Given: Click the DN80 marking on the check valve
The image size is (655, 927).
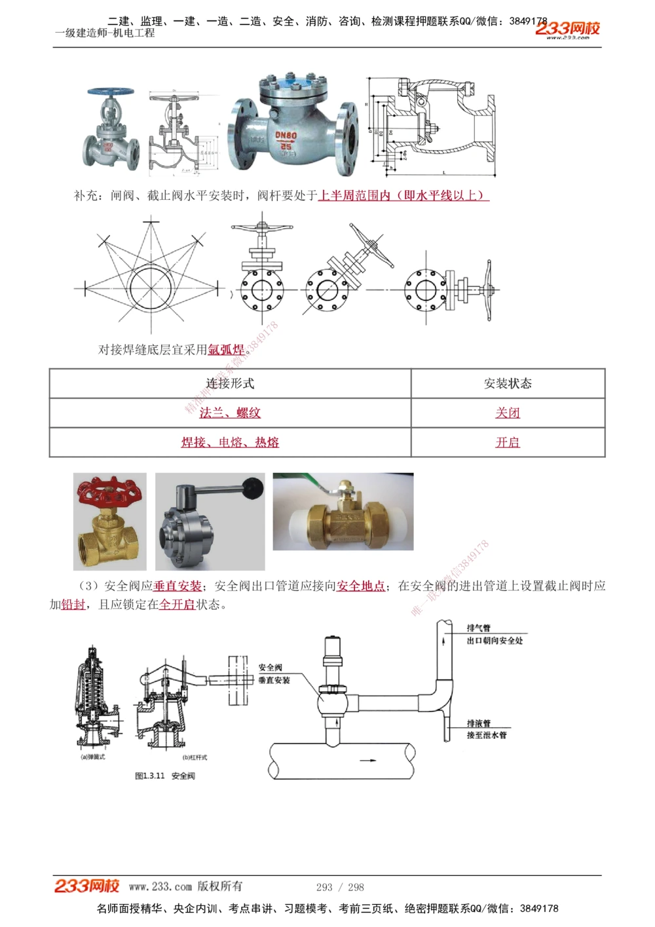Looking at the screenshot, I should point(285,135).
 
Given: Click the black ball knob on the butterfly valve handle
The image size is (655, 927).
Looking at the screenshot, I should point(253,485).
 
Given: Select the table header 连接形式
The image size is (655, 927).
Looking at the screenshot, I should point(230,383).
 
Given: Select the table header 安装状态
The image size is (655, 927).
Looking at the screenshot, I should point(508,383).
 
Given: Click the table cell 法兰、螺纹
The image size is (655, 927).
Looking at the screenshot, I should point(230,413).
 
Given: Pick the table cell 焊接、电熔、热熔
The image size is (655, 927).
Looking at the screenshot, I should point(230,442).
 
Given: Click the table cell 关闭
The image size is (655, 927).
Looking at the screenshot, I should point(508,413).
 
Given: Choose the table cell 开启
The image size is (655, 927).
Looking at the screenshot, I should point(508,442).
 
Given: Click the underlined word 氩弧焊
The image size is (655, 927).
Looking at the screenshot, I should point(226,350).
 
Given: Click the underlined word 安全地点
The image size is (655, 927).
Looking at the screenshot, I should point(361,586).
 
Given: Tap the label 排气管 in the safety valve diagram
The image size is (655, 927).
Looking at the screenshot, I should point(478,628).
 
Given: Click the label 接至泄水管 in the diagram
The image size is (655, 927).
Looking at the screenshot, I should point(487,735).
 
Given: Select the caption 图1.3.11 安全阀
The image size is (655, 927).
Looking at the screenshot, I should point(164,776).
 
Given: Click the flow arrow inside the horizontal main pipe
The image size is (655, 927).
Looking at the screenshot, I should point(369,761).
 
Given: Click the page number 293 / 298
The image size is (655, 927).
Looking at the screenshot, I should point(340,887).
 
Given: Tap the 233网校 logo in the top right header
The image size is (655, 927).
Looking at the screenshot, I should point(567,29).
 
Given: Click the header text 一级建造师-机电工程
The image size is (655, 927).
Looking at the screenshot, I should point(105,33).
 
